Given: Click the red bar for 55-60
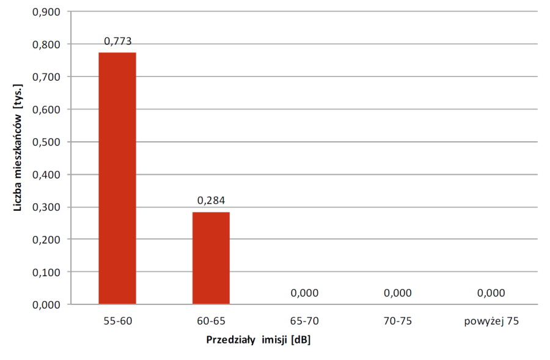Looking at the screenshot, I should (117, 178).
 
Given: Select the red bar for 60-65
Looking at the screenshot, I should (211, 257).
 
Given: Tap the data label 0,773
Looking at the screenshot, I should (117, 42).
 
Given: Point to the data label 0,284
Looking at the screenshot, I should (211, 200).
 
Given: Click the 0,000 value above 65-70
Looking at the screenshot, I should (304, 293).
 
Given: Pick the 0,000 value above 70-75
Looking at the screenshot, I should (398, 293).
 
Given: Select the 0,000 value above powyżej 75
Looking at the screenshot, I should (491, 293).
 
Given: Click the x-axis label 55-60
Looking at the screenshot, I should (117, 320).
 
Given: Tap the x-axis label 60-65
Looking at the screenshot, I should (211, 320).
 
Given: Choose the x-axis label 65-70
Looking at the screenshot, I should (304, 320).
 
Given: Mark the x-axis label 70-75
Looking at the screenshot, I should (398, 320).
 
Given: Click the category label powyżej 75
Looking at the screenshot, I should (491, 320).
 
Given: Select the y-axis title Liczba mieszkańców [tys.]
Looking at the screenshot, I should (18, 158).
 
